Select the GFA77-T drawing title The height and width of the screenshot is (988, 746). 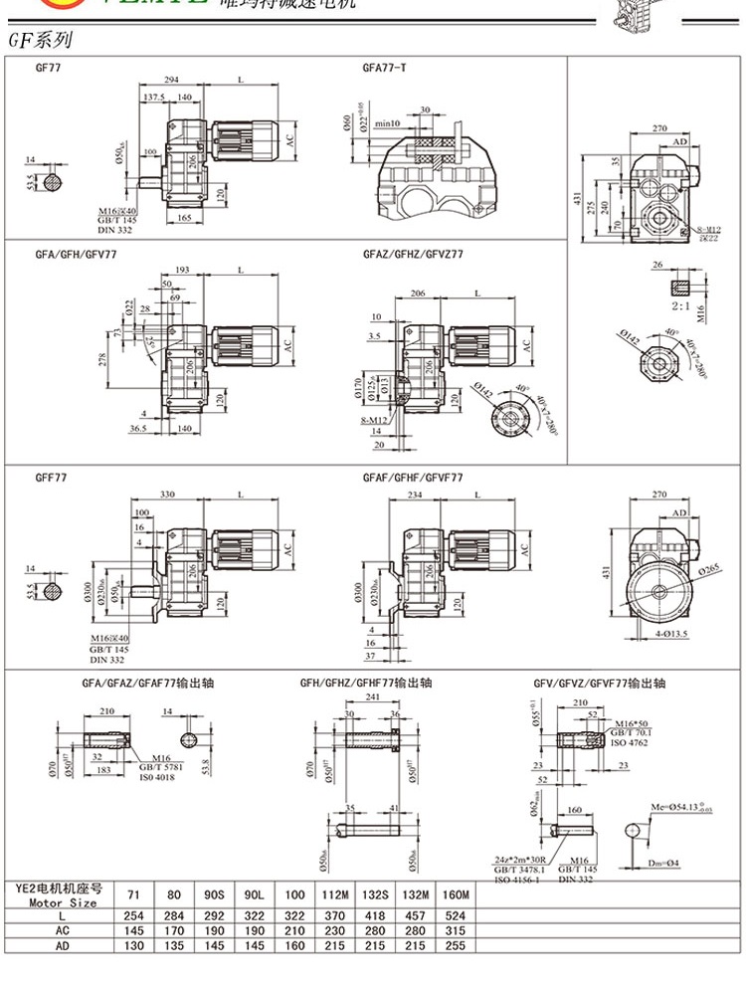tap(384, 68)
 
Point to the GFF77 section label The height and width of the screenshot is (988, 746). tap(51, 478)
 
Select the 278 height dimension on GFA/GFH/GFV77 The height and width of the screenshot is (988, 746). tap(102, 359)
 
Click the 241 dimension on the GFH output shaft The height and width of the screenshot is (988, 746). tap(373, 697)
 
